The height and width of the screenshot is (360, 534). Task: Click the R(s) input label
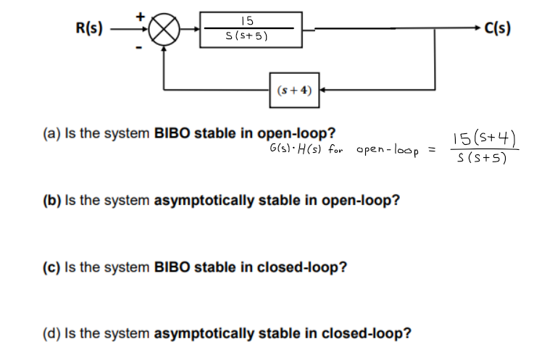pyautogui.click(x=89, y=30)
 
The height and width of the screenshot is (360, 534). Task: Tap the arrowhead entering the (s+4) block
pyautogui.click(x=324, y=91)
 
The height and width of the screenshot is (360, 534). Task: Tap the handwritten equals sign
pyautogui.click(x=430, y=149)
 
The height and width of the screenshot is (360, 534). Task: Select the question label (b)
pyautogui.click(x=51, y=201)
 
